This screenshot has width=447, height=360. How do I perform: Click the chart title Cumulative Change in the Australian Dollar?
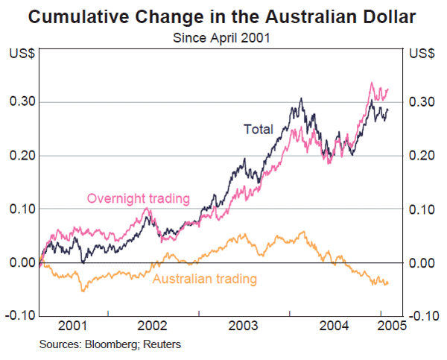[223, 16]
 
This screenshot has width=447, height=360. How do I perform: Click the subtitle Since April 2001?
[223, 36]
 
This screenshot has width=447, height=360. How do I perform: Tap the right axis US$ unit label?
[422, 54]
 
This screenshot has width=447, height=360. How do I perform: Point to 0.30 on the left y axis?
[20, 102]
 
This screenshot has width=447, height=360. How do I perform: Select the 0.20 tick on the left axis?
[20, 156]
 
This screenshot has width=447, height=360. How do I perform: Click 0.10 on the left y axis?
[20, 209]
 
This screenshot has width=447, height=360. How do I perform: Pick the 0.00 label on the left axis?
[20, 263]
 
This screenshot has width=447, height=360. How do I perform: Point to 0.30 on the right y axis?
[422, 102]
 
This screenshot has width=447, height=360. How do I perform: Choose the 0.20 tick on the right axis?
[422, 156]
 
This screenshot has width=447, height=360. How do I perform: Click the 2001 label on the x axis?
[73, 326]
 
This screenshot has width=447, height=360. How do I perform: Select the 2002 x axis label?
[153, 326]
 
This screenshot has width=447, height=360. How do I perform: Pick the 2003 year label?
[244, 326]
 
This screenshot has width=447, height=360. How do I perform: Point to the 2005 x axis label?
[391, 326]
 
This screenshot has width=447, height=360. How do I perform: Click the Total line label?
[259, 129]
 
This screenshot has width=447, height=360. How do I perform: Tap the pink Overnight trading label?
[139, 198]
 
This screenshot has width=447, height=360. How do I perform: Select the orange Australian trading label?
[205, 280]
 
